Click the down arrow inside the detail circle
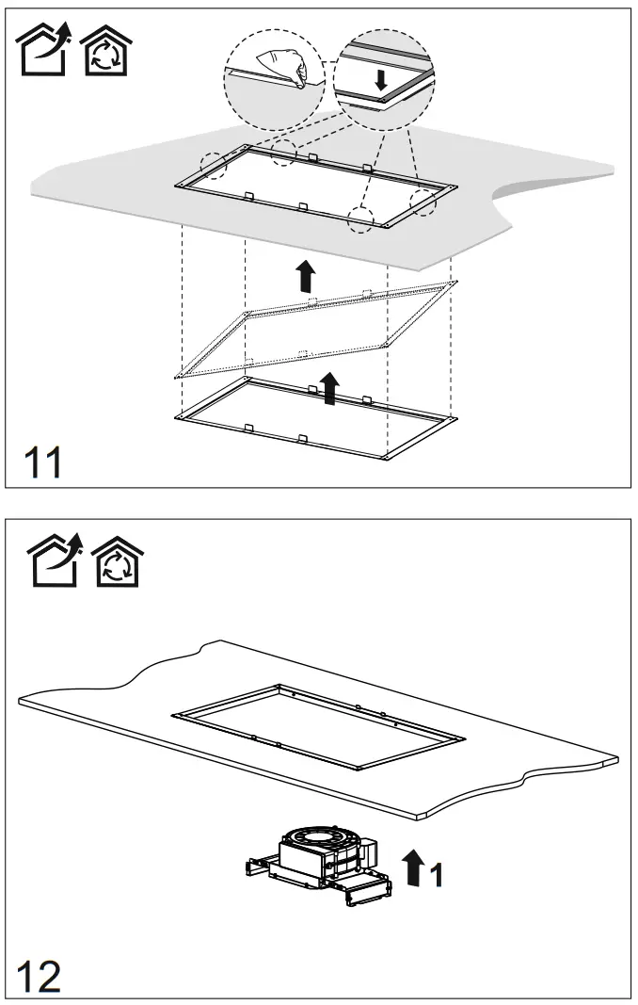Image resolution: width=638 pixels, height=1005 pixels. (380, 82)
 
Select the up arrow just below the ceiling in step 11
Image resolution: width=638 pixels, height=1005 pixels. (304, 276)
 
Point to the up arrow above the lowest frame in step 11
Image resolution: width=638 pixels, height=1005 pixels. (328, 387)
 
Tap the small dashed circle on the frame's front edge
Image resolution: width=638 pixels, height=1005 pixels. (361, 218)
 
